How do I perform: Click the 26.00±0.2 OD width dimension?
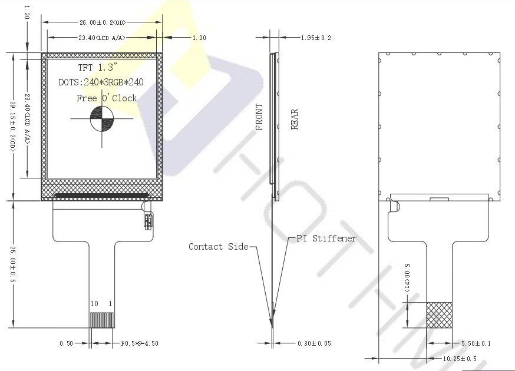tap(103, 22)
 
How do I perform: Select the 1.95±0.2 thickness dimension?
tap(316, 38)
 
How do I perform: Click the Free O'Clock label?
tap(107, 98)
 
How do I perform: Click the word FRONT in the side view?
tap(259, 117)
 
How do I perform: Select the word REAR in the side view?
tap(295, 119)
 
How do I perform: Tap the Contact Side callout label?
tap(219, 247)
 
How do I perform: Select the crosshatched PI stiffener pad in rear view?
tap(439, 315)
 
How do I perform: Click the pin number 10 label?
tap(94, 303)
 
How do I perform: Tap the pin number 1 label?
tap(110, 303)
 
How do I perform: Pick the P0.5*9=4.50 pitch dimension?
tap(140, 343)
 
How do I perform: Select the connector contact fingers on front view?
tap(103, 319)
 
